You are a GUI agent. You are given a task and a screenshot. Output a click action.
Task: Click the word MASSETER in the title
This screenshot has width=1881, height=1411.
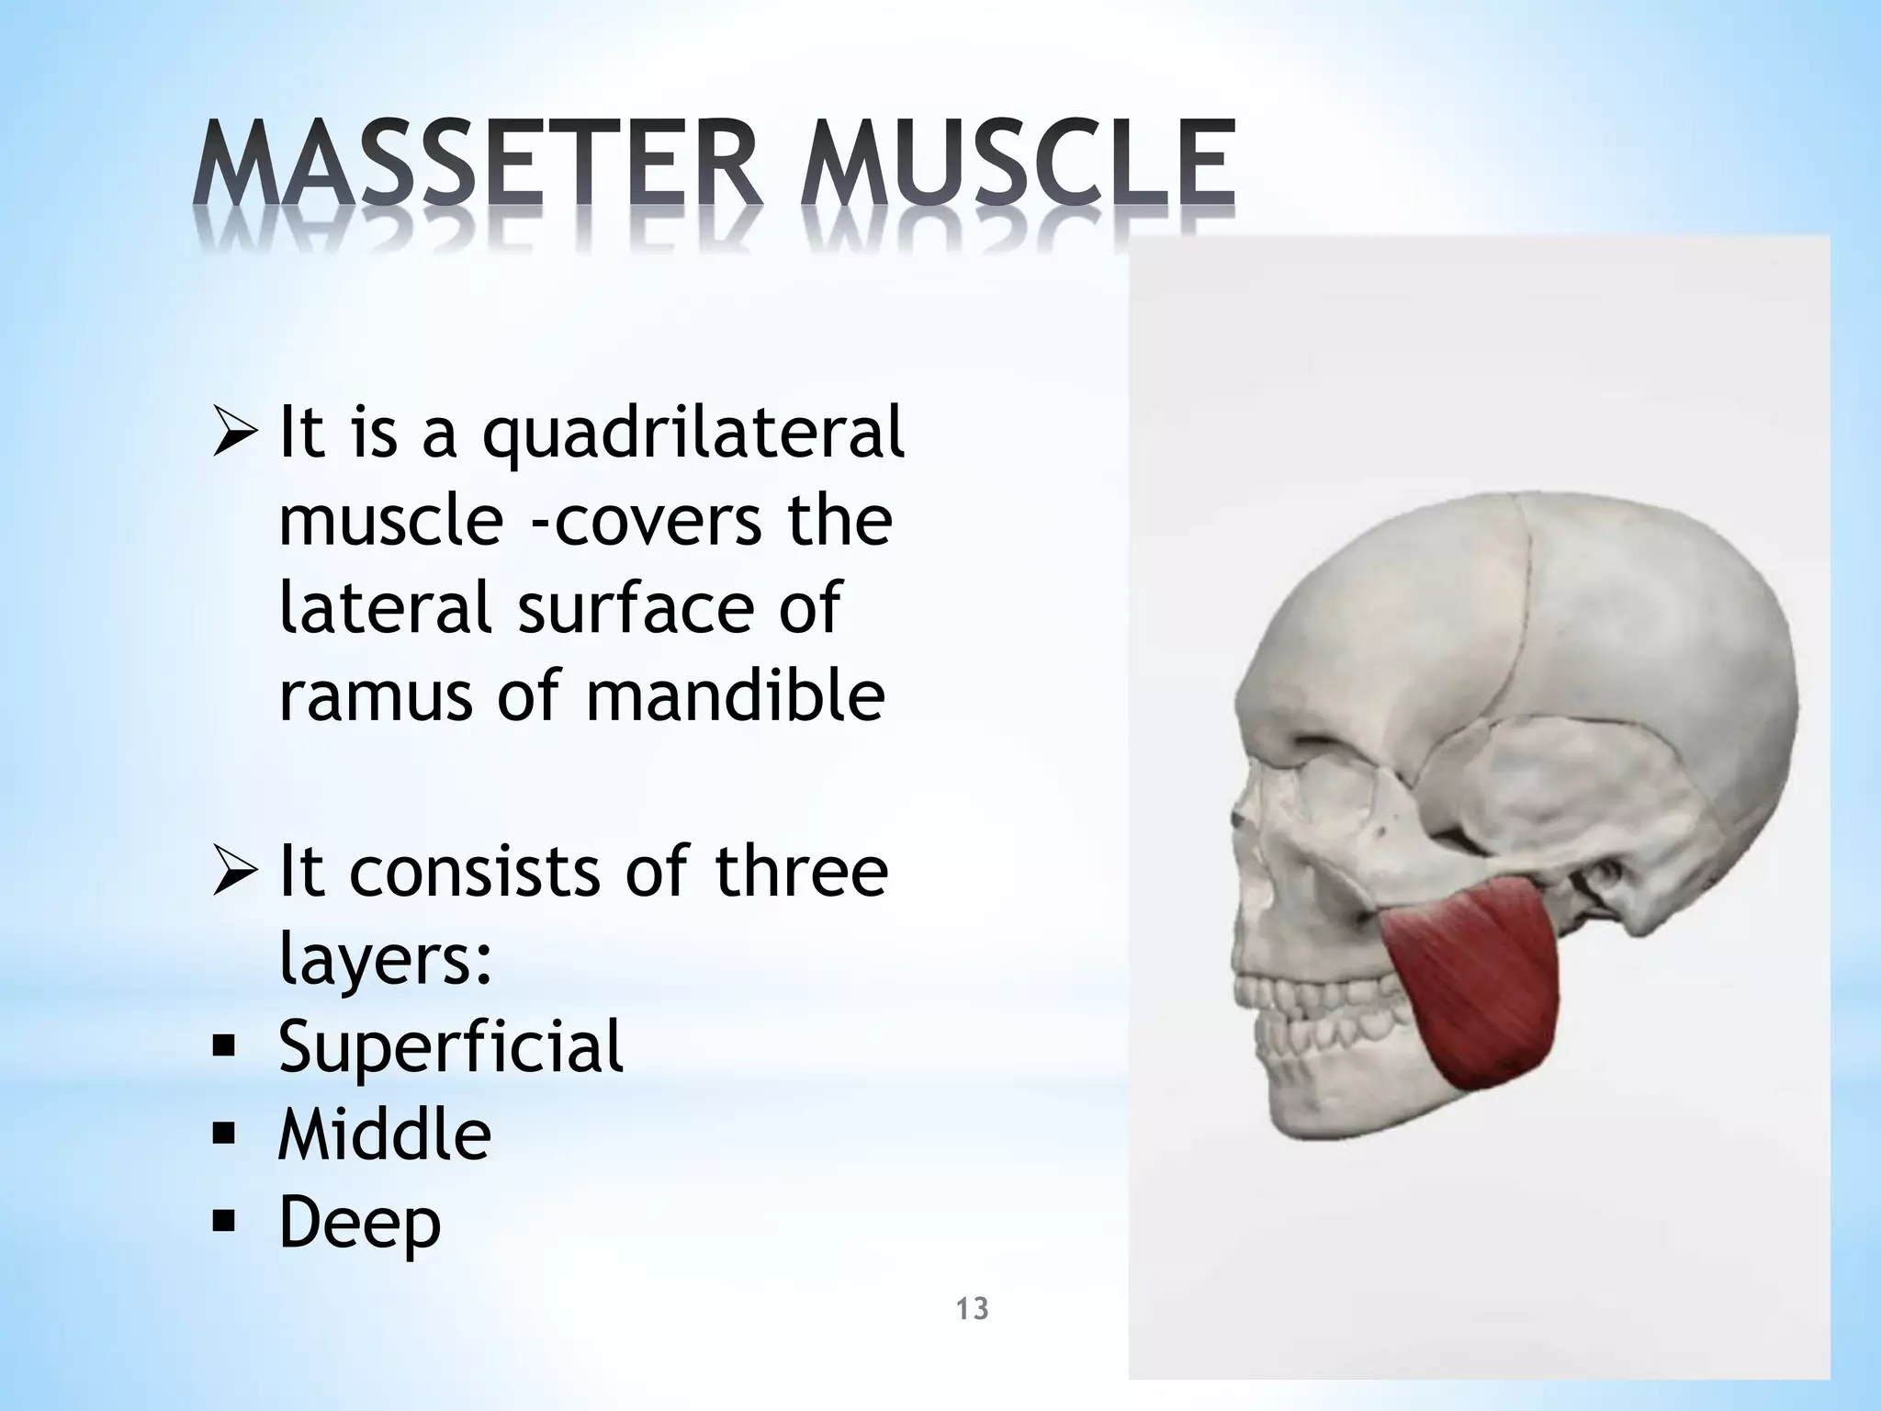click(x=478, y=166)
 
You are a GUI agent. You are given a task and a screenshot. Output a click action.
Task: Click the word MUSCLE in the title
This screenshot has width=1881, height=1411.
click(x=1017, y=166)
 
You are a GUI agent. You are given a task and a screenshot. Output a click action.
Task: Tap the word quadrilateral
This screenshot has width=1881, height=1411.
click(x=693, y=434)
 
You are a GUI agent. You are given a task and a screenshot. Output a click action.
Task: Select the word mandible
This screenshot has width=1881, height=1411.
click(x=735, y=695)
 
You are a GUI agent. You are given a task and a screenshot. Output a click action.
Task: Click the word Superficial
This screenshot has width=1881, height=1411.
click(x=451, y=1046)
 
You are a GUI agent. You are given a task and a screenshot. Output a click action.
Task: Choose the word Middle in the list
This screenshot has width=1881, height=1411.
click(x=385, y=1135)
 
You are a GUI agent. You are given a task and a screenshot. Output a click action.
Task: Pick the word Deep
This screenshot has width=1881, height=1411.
click(x=359, y=1225)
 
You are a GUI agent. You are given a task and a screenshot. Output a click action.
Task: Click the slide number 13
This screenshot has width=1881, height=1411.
click(x=972, y=1308)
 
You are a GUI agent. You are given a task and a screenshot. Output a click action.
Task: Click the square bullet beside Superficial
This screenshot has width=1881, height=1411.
click(x=223, y=1048)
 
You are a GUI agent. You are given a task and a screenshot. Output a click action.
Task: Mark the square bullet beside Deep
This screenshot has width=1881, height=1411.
click(x=223, y=1224)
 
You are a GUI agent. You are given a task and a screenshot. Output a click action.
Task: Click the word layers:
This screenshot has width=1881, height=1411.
click(x=386, y=960)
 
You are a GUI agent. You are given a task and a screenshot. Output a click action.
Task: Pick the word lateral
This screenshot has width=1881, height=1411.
click(x=386, y=608)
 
